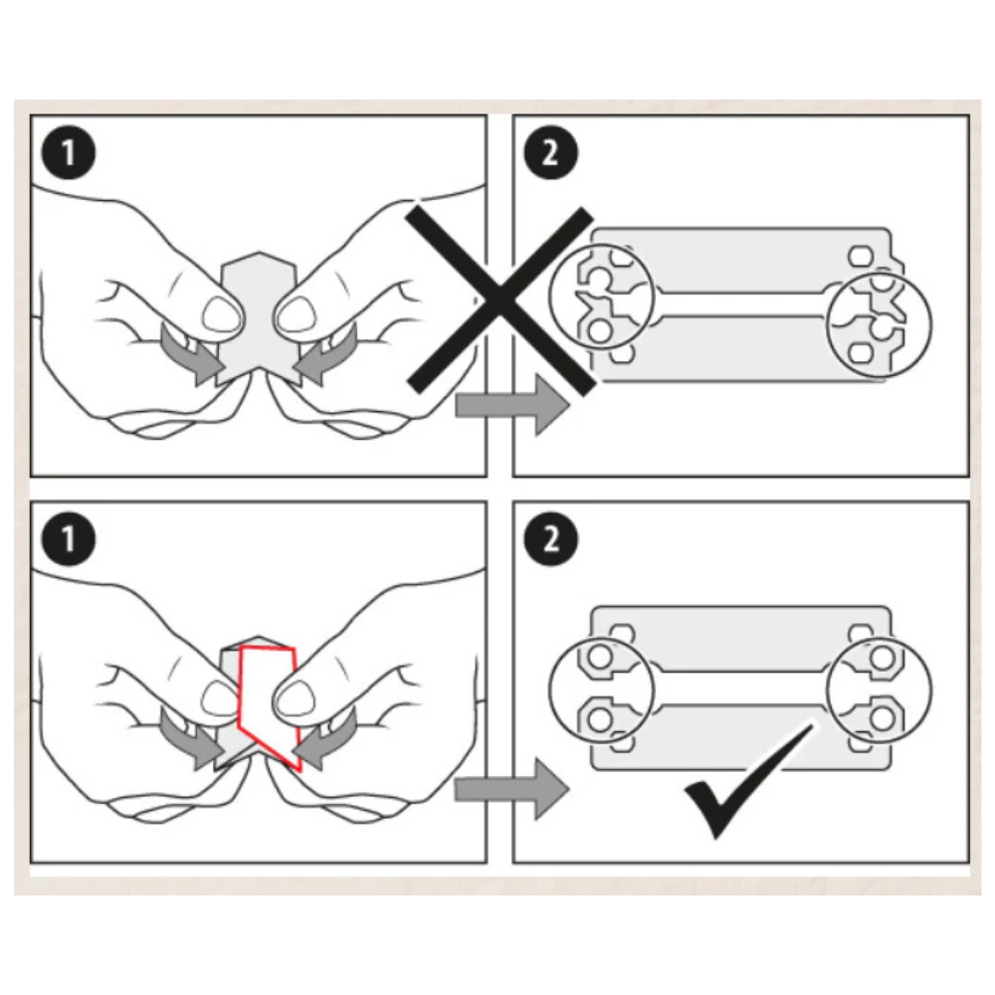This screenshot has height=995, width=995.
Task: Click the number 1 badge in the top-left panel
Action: click(69, 153)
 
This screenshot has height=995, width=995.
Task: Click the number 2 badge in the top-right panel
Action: click(551, 153)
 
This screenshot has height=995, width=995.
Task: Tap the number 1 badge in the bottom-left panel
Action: click(69, 538)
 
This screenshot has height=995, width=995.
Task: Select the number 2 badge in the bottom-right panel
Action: click(551, 538)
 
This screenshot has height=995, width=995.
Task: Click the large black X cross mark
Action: click(500, 300)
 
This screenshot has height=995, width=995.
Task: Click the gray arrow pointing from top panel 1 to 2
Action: click(512, 404)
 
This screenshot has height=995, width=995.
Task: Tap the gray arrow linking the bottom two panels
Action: click(512, 789)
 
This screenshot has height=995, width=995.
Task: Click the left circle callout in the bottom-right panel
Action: click(601, 690)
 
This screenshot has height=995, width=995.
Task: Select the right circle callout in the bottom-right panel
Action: click(880, 690)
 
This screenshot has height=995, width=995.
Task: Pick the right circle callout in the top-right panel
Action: click(880, 324)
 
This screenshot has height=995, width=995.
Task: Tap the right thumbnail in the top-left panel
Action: click(296, 313)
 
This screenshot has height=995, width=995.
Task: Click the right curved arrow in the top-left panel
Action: click(324, 355)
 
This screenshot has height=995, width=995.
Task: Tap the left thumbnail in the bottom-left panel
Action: click(220, 699)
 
